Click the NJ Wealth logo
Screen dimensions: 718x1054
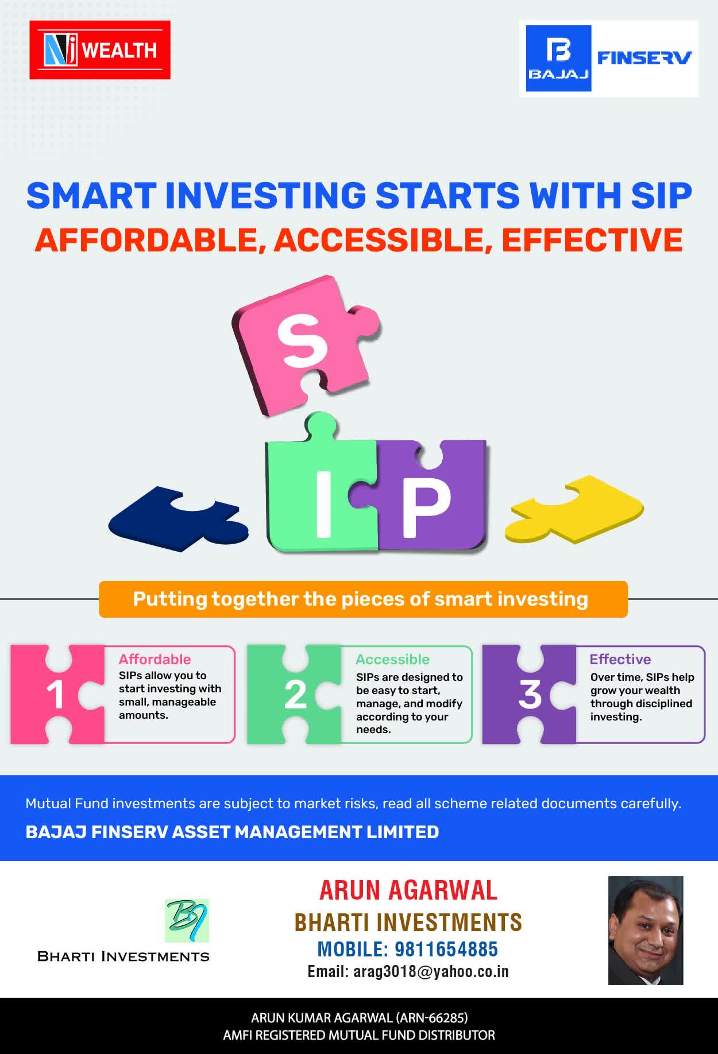pos(100,50)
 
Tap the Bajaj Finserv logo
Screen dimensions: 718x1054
pos(609,59)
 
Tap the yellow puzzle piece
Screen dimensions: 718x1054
pos(574,509)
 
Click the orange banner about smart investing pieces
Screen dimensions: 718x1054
pos(363,599)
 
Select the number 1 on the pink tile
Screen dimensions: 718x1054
pos(55,695)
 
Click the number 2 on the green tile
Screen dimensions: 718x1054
pos(296,695)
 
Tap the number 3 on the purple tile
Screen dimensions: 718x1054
pos(530,695)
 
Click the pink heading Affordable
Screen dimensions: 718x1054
pos(155,659)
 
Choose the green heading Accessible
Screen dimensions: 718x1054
pos(392,659)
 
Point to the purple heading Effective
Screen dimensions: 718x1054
pos(620,659)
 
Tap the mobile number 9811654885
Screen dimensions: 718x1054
pos(446,949)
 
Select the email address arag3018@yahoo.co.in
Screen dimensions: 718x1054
pos(431,971)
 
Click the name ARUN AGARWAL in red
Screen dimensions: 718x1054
pos(408,890)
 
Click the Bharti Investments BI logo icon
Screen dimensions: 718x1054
pos(187,920)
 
